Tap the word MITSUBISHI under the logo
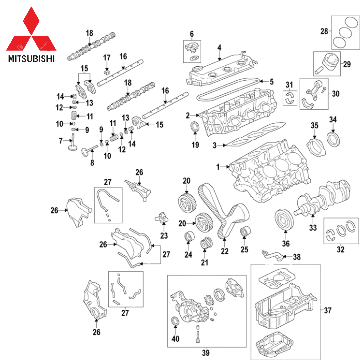click(x=31, y=59)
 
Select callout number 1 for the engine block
click(x=218, y=167)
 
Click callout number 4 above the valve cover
click(x=219, y=48)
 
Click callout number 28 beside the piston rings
click(x=324, y=32)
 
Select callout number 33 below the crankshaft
click(x=313, y=228)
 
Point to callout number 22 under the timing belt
click(x=225, y=251)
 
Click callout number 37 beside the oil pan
click(x=328, y=310)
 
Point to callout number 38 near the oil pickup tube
click(x=297, y=257)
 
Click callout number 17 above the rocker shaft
click(x=107, y=58)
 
